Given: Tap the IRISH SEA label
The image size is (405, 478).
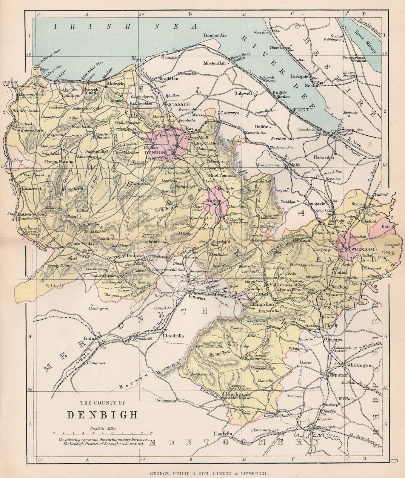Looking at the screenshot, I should pos(125,26).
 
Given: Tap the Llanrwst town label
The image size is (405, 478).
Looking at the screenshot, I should pos(29,189).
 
